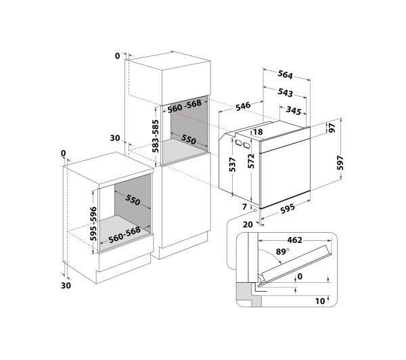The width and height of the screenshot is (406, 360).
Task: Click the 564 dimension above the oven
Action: click(x=285, y=74)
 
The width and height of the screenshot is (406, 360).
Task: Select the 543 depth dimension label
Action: click(x=285, y=93)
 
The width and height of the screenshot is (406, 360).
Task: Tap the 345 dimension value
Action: click(x=294, y=110)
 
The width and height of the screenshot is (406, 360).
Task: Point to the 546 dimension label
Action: click(x=243, y=106)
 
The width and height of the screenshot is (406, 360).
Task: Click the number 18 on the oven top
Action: click(x=258, y=132)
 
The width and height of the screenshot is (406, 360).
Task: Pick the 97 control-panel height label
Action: click(x=332, y=128)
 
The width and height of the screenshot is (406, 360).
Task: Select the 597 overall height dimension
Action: click(x=340, y=162)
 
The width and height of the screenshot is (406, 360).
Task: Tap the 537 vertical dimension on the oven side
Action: click(x=233, y=164)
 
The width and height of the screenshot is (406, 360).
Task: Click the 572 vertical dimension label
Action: click(x=251, y=161)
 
